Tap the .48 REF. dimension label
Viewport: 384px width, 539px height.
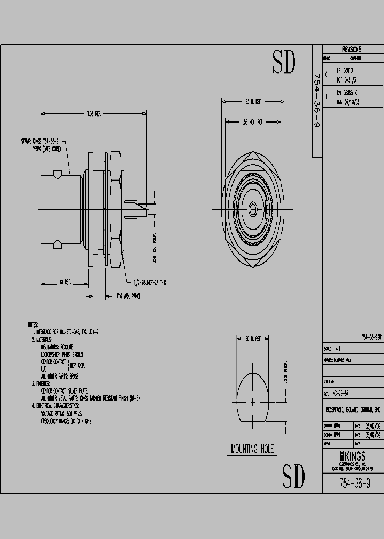[x=66, y=283]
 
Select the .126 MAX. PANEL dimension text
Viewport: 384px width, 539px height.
[x=128, y=295]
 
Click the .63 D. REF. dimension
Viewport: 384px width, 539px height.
[x=252, y=101]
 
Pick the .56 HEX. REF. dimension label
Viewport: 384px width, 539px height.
[x=253, y=122]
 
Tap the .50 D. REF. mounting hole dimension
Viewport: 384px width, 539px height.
[x=252, y=339]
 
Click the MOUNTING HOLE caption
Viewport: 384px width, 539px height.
[x=252, y=449]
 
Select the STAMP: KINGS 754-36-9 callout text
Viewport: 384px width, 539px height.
[x=39, y=142]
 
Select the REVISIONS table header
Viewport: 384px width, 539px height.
[x=352, y=49]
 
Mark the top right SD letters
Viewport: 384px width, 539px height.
[x=284, y=63]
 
